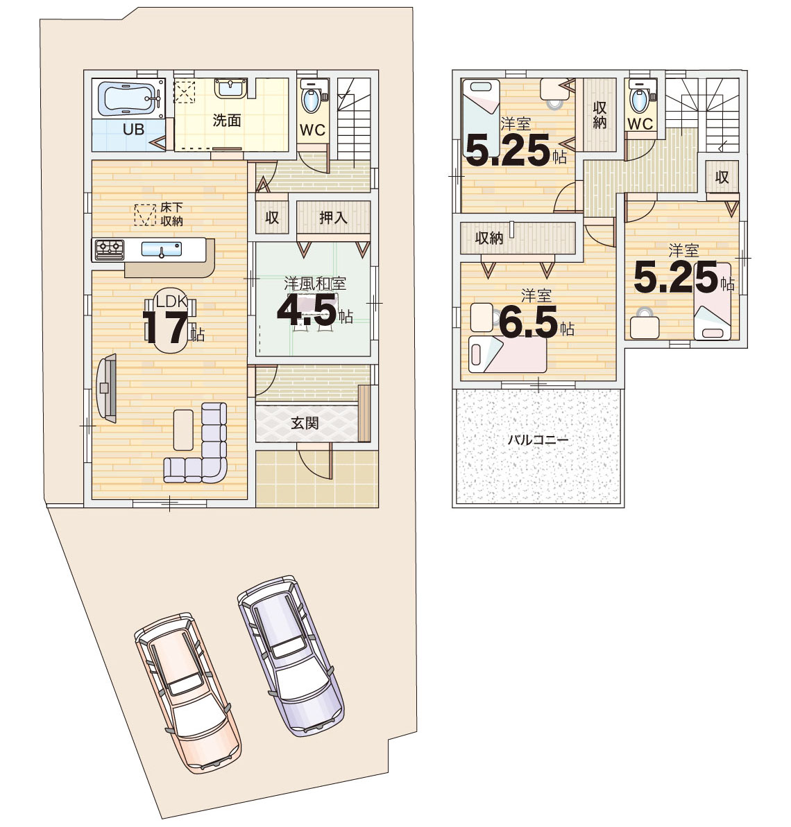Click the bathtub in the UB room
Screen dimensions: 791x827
click(129, 98)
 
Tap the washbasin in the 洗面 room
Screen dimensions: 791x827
click(230, 87)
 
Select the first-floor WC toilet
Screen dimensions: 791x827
click(310, 97)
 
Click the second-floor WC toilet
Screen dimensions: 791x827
click(640, 97)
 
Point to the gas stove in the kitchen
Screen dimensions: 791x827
click(109, 250)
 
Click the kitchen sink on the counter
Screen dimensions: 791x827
click(162, 249)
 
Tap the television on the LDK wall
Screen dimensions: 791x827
click(106, 388)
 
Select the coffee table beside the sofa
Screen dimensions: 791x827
click(183, 430)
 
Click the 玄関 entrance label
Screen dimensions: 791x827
click(305, 422)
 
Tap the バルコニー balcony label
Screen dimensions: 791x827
click(538, 439)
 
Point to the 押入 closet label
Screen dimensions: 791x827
click(333, 217)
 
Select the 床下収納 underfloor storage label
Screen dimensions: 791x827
click(171, 214)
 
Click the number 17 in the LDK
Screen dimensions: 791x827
click(165, 327)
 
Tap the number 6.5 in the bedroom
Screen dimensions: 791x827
click(528, 323)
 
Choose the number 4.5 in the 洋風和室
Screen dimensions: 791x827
click(307, 310)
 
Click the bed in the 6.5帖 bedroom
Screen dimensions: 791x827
click(507, 354)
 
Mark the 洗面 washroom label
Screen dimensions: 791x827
click(226, 120)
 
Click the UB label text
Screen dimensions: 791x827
click(133, 129)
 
